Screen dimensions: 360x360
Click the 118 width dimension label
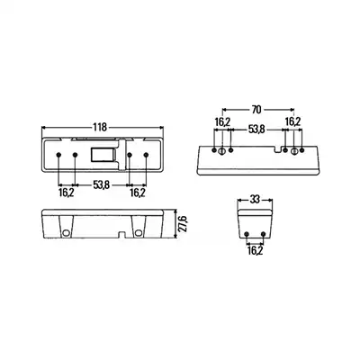click(x=100, y=127)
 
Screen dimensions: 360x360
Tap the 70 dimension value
click(x=256, y=110)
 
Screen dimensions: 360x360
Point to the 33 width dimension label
click(x=255, y=200)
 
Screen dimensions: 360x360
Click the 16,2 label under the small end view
click(x=255, y=250)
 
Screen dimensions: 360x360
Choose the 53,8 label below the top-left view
click(x=101, y=185)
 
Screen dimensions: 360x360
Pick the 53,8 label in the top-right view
click(x=256, y=130)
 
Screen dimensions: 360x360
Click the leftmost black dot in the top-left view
click(x=58, y=155)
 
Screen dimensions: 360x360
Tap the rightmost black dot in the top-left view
click(x=146, y=155)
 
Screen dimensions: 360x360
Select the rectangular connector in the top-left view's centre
click(x=103, y=155)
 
